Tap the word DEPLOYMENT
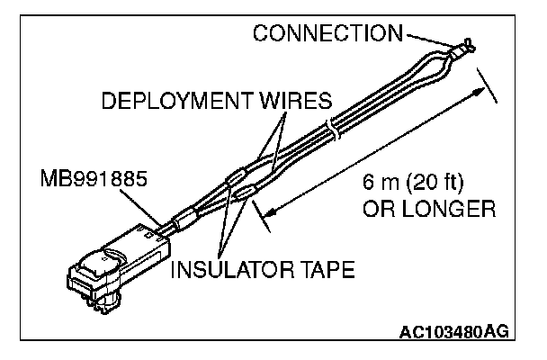(166, 100)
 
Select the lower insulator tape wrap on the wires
(244, 190)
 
